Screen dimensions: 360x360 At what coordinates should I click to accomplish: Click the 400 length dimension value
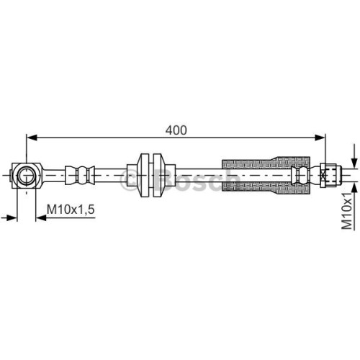point(176,130)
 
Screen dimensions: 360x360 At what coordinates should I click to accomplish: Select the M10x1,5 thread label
point(71,210)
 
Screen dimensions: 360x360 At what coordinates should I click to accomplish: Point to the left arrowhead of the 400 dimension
point(32,138)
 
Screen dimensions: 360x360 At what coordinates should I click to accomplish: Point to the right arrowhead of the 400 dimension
point(320,138)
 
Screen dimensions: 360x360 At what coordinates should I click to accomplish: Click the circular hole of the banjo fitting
point(26,176)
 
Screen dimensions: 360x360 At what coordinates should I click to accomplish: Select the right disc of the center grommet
point(158,175)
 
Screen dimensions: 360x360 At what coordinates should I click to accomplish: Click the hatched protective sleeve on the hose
point(266,175)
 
